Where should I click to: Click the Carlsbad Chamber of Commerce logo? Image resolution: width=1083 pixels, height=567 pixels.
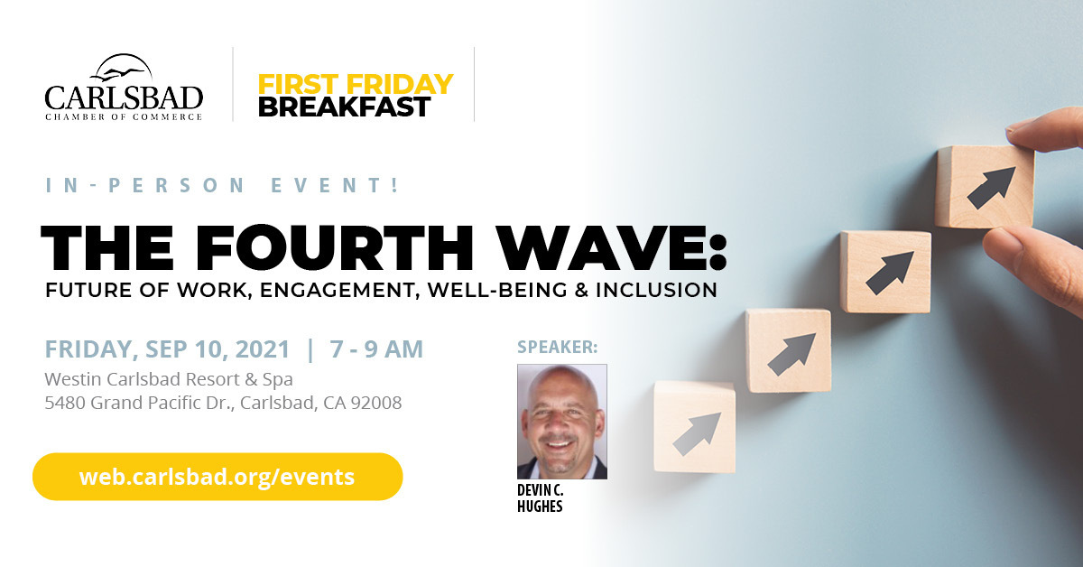(x=124, y=87)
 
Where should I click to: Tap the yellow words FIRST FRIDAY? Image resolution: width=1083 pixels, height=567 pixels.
(x=356, y=84)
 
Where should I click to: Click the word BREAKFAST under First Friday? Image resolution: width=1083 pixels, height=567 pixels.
(x=344, y=107)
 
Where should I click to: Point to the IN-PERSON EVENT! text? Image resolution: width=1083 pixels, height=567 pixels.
(x=223, y=185)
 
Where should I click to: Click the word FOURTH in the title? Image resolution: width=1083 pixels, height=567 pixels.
(x=335, y=247)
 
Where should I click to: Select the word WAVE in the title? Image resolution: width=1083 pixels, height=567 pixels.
(x=599, y=247)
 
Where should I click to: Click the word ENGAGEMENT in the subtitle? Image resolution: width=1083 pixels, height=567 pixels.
(x=339, y=291)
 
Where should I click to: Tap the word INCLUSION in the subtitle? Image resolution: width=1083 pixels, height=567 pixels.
(x=657, y=290)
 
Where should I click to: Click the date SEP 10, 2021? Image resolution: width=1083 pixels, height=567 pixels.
(x=218, y=349)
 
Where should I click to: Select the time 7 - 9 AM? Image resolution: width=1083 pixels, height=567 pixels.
(x=376, y=349)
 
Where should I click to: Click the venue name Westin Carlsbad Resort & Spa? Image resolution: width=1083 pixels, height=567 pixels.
(x=169, y=379)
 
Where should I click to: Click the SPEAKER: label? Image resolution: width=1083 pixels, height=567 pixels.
(x=557, y=347)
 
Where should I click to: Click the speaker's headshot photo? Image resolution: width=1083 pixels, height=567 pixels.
(x=561, y=422)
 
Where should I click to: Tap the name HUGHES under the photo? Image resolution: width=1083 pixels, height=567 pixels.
(x=540, y=506)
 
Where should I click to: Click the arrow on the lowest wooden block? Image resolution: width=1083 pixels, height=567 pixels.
(x=697, y=433)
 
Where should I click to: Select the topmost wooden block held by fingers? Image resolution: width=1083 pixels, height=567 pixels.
(x=985, y=186)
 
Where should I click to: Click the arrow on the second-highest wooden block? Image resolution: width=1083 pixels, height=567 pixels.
(x=890, y=273)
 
